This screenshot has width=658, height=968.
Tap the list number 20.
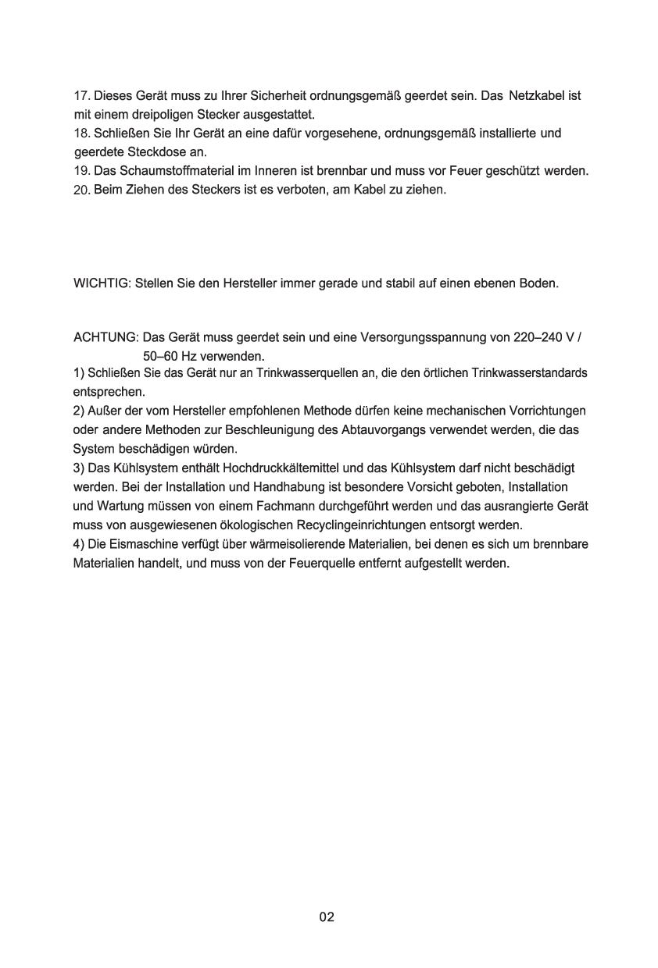[81, 190]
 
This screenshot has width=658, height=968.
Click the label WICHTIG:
[102, 283]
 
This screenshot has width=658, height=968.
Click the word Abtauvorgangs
[387, 429]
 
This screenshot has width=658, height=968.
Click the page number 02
[327, 916]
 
